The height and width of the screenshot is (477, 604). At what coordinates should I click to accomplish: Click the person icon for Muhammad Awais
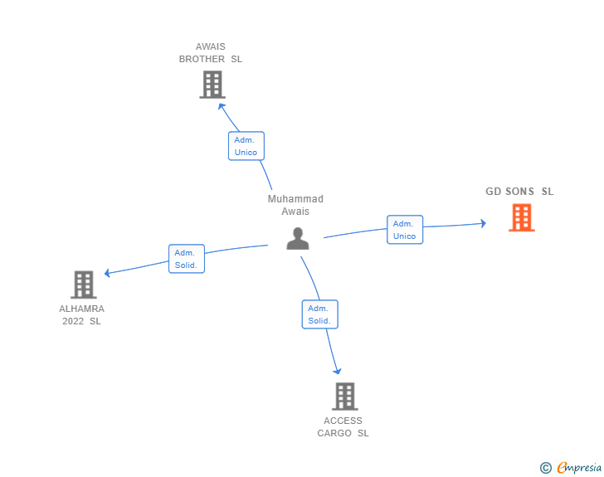(x=298, y=238)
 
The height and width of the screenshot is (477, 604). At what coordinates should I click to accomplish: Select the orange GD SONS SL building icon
(x=521, y=217)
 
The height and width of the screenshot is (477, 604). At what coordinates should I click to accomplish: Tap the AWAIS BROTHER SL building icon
(x=212, y=84)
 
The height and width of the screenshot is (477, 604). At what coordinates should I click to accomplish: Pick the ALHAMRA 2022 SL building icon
(x=84, y=285)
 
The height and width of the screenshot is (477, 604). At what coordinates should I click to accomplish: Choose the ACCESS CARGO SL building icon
(x=344, y=396)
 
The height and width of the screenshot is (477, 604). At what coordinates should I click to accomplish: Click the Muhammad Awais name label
(x=295, y=205)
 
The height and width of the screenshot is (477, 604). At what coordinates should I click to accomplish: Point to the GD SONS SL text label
(x=519, y=192)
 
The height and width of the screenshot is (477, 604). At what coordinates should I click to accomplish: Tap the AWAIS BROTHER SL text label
(x=211, y=53)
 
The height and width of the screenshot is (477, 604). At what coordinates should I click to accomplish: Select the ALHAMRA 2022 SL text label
(x=81, y=315)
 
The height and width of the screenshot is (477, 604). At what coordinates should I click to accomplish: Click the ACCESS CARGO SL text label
(x=343, y=427)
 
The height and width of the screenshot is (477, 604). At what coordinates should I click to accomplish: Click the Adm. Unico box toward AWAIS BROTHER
(x=246, y=146)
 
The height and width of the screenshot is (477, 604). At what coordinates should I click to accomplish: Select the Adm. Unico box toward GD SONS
(x=404, y=230)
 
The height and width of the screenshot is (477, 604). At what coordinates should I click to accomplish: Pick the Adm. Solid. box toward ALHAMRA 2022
(x=186, y=259)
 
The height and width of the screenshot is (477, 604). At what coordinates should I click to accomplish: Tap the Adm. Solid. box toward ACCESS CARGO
(x=319, y=314)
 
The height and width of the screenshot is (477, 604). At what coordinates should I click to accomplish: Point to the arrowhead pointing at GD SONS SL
(x=483, y=223)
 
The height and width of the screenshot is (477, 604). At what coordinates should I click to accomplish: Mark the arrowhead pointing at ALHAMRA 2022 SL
(x=107, y=273)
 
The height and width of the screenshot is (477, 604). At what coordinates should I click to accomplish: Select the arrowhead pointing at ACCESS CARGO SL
(x=337, y=371)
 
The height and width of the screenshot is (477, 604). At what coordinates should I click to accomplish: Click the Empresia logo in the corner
(x=579, y=468)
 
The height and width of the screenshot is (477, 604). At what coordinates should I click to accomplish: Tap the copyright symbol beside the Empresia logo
(x=546, y=468)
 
